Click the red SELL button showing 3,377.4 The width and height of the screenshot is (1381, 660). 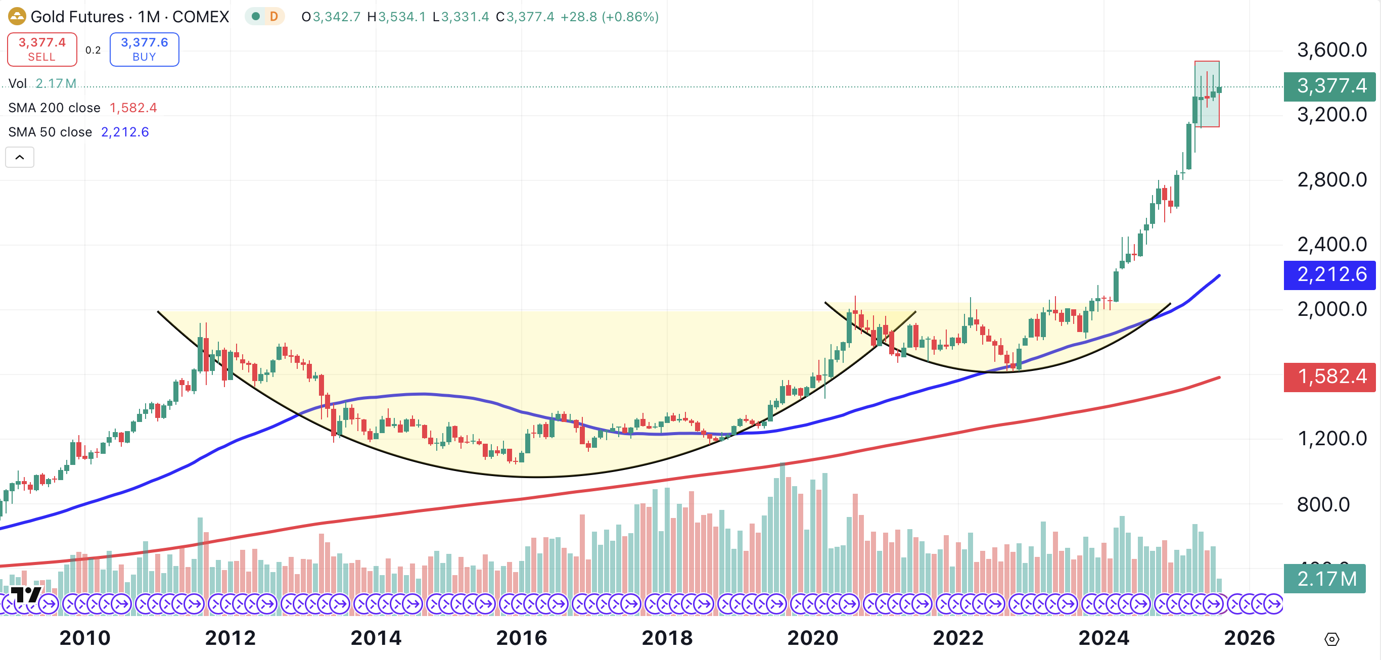42,50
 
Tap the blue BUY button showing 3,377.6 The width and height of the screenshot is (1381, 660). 144,50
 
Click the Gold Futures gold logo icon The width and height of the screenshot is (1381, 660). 17,17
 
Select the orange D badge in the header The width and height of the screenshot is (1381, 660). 274,17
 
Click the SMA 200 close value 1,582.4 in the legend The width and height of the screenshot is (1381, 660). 133,108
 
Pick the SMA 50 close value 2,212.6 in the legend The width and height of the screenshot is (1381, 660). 125,132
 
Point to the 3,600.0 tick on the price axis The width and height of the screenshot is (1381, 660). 1331,50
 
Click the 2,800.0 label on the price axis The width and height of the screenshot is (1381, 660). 1331,179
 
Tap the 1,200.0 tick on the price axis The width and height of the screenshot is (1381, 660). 1331,439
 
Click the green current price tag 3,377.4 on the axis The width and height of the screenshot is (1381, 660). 1330,86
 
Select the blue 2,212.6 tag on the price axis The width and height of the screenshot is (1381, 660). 1330,274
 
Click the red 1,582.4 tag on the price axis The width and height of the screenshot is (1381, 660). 1330,376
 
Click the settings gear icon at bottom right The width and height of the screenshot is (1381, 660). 1331,639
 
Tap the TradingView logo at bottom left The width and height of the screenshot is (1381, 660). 25,595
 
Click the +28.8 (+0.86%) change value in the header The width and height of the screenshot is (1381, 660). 610,17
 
